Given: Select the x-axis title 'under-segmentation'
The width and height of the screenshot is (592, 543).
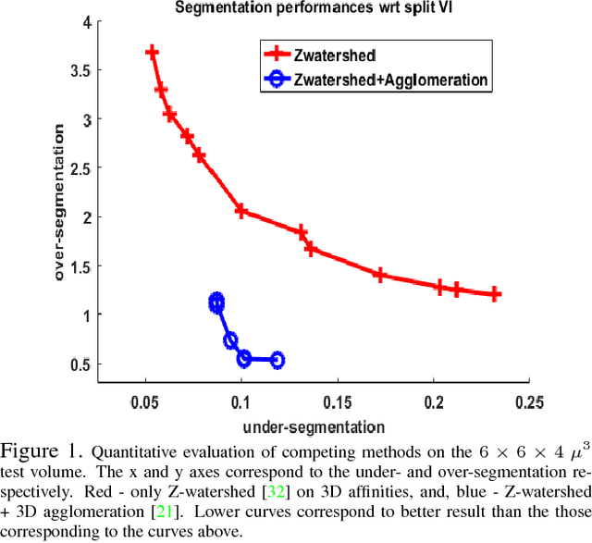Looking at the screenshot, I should click(x=313, y=426).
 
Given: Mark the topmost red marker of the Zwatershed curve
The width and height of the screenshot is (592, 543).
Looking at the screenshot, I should click(x=152, y=53).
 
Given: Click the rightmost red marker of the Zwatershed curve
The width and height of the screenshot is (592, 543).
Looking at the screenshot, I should click(x=495, y=294).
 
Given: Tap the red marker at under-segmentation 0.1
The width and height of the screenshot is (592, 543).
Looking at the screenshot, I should click(x=241, y=211).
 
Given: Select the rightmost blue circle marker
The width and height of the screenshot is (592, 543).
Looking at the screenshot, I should click(x=277, y=360).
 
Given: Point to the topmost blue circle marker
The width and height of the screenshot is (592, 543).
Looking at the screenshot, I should click(x=216, y=301).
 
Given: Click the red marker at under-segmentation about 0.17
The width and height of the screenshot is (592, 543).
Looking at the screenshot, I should click(x=378, y=275).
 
